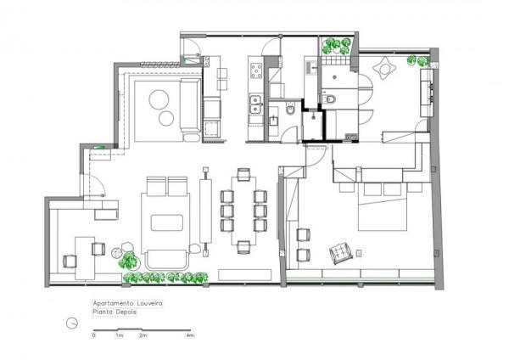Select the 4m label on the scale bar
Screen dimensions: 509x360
(x=189, y=335)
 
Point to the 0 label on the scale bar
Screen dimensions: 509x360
(x=94, y=335)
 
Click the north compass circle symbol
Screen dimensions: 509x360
(x=72, y=323)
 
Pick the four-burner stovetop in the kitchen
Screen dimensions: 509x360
(x=256, y=70)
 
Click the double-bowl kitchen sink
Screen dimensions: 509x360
(x=255, y=104)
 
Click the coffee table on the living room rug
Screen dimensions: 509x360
(x=167, y=223)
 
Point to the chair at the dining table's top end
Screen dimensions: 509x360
(x=243, y=174)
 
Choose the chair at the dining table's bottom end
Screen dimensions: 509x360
(x=243, y=247)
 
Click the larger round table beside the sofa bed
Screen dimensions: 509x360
(x=159, y=99)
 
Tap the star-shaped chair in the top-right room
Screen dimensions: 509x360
(x=384, y=69)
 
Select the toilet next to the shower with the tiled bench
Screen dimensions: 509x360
(x=327, y=98)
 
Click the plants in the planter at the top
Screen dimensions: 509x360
(x=336, y=46)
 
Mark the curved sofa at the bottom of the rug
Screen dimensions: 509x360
(x=167, y=260)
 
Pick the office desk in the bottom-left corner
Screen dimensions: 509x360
(x=85, y=258)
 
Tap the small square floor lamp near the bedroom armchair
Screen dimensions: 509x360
(x=359, y=253)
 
